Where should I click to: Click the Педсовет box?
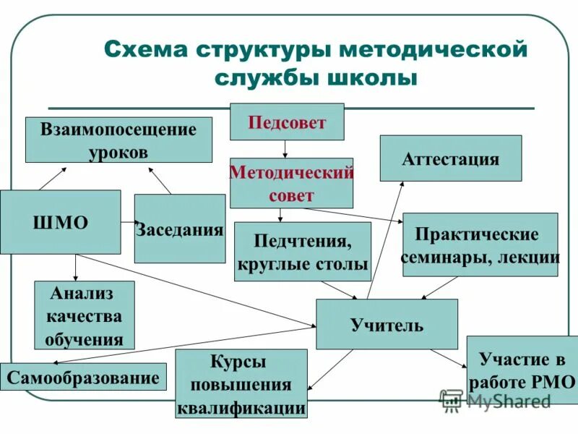pyautogui.click(x=287, y=122)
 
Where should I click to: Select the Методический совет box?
pyautogui.click(x=291, y=183)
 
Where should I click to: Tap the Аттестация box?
pyautogui.click(x=450, y=158)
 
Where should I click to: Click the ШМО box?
pyautogui.click(x=60, y=222)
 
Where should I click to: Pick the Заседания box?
pyautogui.click(x=179, y=229)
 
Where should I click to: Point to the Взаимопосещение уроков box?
pyautogui.click(x=118, y=140)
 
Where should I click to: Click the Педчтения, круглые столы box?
pyautogui.click(x=302, y=251)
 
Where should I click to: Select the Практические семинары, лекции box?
pyautogui.click(x=480, y=244)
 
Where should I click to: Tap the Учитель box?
pyautogui.click(x=387, y=324)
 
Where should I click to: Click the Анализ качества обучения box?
pyautogui.click(x=84, y=315)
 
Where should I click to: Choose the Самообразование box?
pyautogui.click(x=83, y=377)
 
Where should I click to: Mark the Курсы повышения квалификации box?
pyautogui.click(x=241, y=383)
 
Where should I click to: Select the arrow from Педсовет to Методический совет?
pyautogui.click(x=286, y=149)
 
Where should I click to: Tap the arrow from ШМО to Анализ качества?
pyautogui.click(x=75, y=268)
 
